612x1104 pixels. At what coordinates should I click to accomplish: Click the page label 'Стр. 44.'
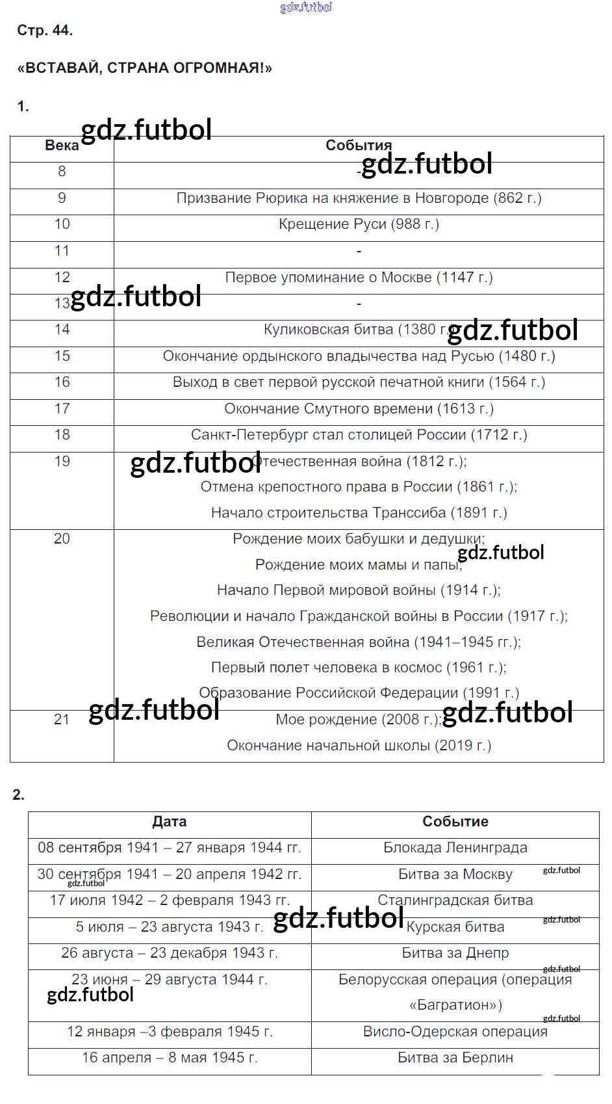(x=45, y=31)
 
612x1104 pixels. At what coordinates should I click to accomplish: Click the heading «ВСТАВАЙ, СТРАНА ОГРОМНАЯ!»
(x=144, y=68)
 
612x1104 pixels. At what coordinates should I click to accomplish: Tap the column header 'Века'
(x=62, y=146)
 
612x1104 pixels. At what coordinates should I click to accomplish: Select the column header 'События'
(x=359, y=145)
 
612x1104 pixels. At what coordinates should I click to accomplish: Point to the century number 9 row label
(x=62, y=198)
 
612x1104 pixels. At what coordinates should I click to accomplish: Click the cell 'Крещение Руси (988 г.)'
(x=359, y=224)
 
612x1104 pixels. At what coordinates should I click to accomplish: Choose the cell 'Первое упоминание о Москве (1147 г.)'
(x=359, y=277)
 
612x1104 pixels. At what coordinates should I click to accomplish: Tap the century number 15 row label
(x=62, y=356)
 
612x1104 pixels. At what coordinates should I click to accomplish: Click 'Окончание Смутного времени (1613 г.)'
(x=359, y=408)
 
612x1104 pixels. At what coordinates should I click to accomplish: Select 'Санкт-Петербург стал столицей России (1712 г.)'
(x=359, y=434)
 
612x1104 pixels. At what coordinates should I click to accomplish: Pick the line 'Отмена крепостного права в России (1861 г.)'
(x=359, y=486)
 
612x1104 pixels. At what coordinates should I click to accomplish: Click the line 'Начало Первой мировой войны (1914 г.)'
(x=359, y=590)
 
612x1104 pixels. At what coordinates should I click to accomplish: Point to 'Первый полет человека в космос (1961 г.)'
(x=359, y=667)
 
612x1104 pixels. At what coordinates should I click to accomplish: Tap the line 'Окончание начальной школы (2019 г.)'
(x=359, y=745)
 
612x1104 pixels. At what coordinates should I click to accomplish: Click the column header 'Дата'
(x=169, y=821)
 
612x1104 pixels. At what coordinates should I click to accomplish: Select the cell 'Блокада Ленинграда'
(x=455, y=848)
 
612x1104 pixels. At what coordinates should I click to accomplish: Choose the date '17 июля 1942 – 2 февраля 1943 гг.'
(x=169, y=900)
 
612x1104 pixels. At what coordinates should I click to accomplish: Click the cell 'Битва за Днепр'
(x=455, y=953)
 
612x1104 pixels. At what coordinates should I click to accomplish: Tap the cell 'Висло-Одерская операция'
(x=455, y=1032)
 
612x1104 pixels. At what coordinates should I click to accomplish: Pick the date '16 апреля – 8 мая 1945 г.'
(x=169, y=1058)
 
